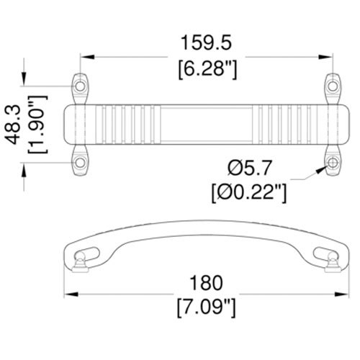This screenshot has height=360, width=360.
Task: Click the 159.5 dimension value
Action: click(207, 44)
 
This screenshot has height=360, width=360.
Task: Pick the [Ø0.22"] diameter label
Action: click(248, 192)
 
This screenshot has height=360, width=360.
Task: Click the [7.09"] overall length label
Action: click(207, 308)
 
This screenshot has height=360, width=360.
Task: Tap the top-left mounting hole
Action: click(80, 86)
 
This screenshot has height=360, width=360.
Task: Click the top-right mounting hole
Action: click(333, 86)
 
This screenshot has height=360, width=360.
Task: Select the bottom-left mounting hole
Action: click(80, 163)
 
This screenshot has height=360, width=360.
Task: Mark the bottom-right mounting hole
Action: click(333, 163)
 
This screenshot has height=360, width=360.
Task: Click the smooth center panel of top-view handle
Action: click(207, 124)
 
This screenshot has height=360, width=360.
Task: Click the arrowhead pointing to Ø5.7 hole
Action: click(320, 170)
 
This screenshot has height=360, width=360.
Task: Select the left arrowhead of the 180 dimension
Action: click(70, 295)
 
